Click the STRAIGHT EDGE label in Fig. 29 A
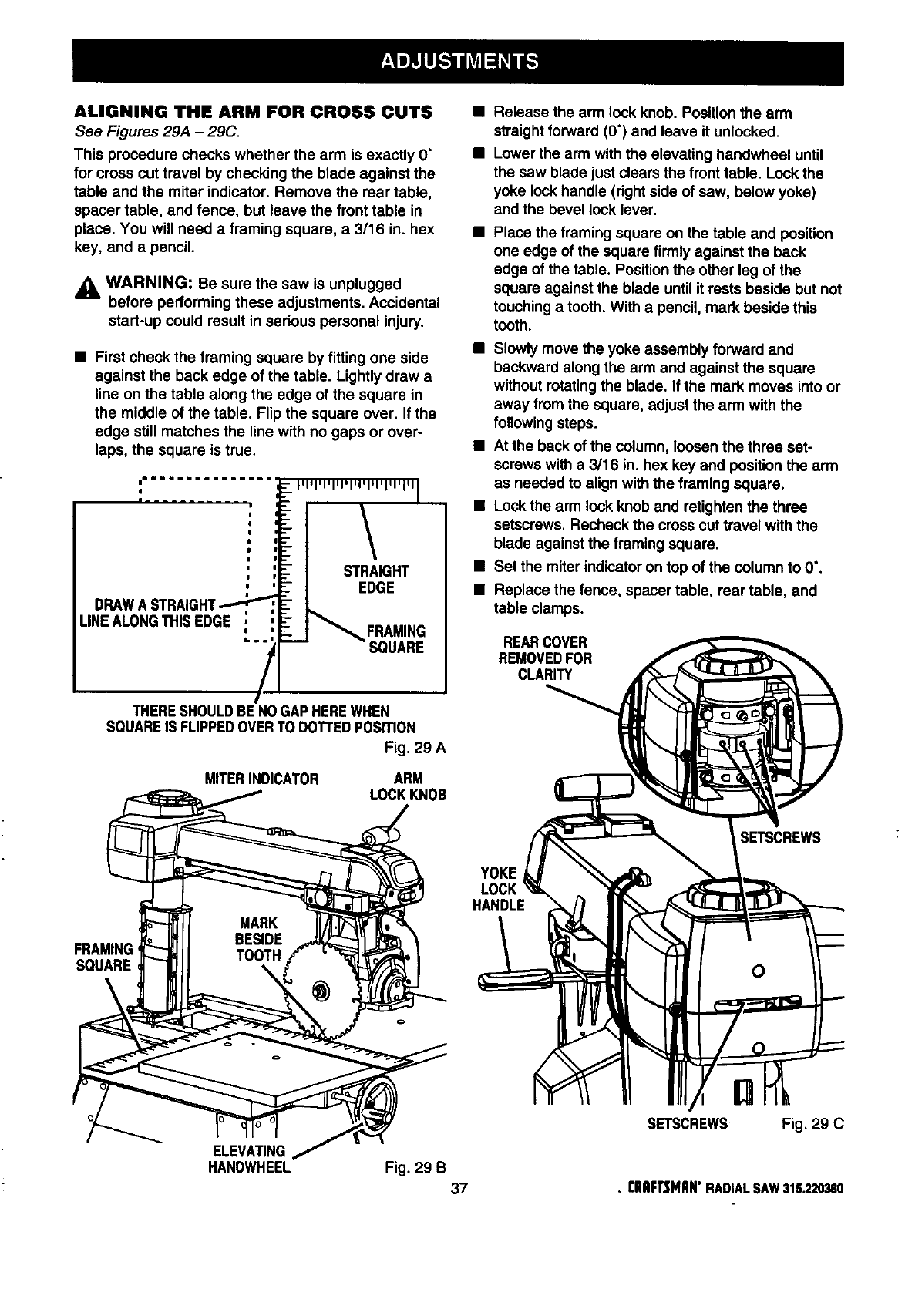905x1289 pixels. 375,579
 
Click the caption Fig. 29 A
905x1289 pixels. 415,747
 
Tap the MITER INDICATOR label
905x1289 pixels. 261,779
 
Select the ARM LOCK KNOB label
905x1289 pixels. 408,786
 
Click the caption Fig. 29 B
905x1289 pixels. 415,1165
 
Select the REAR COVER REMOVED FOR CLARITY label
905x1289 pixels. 544,658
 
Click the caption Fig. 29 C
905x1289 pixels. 812,1123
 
